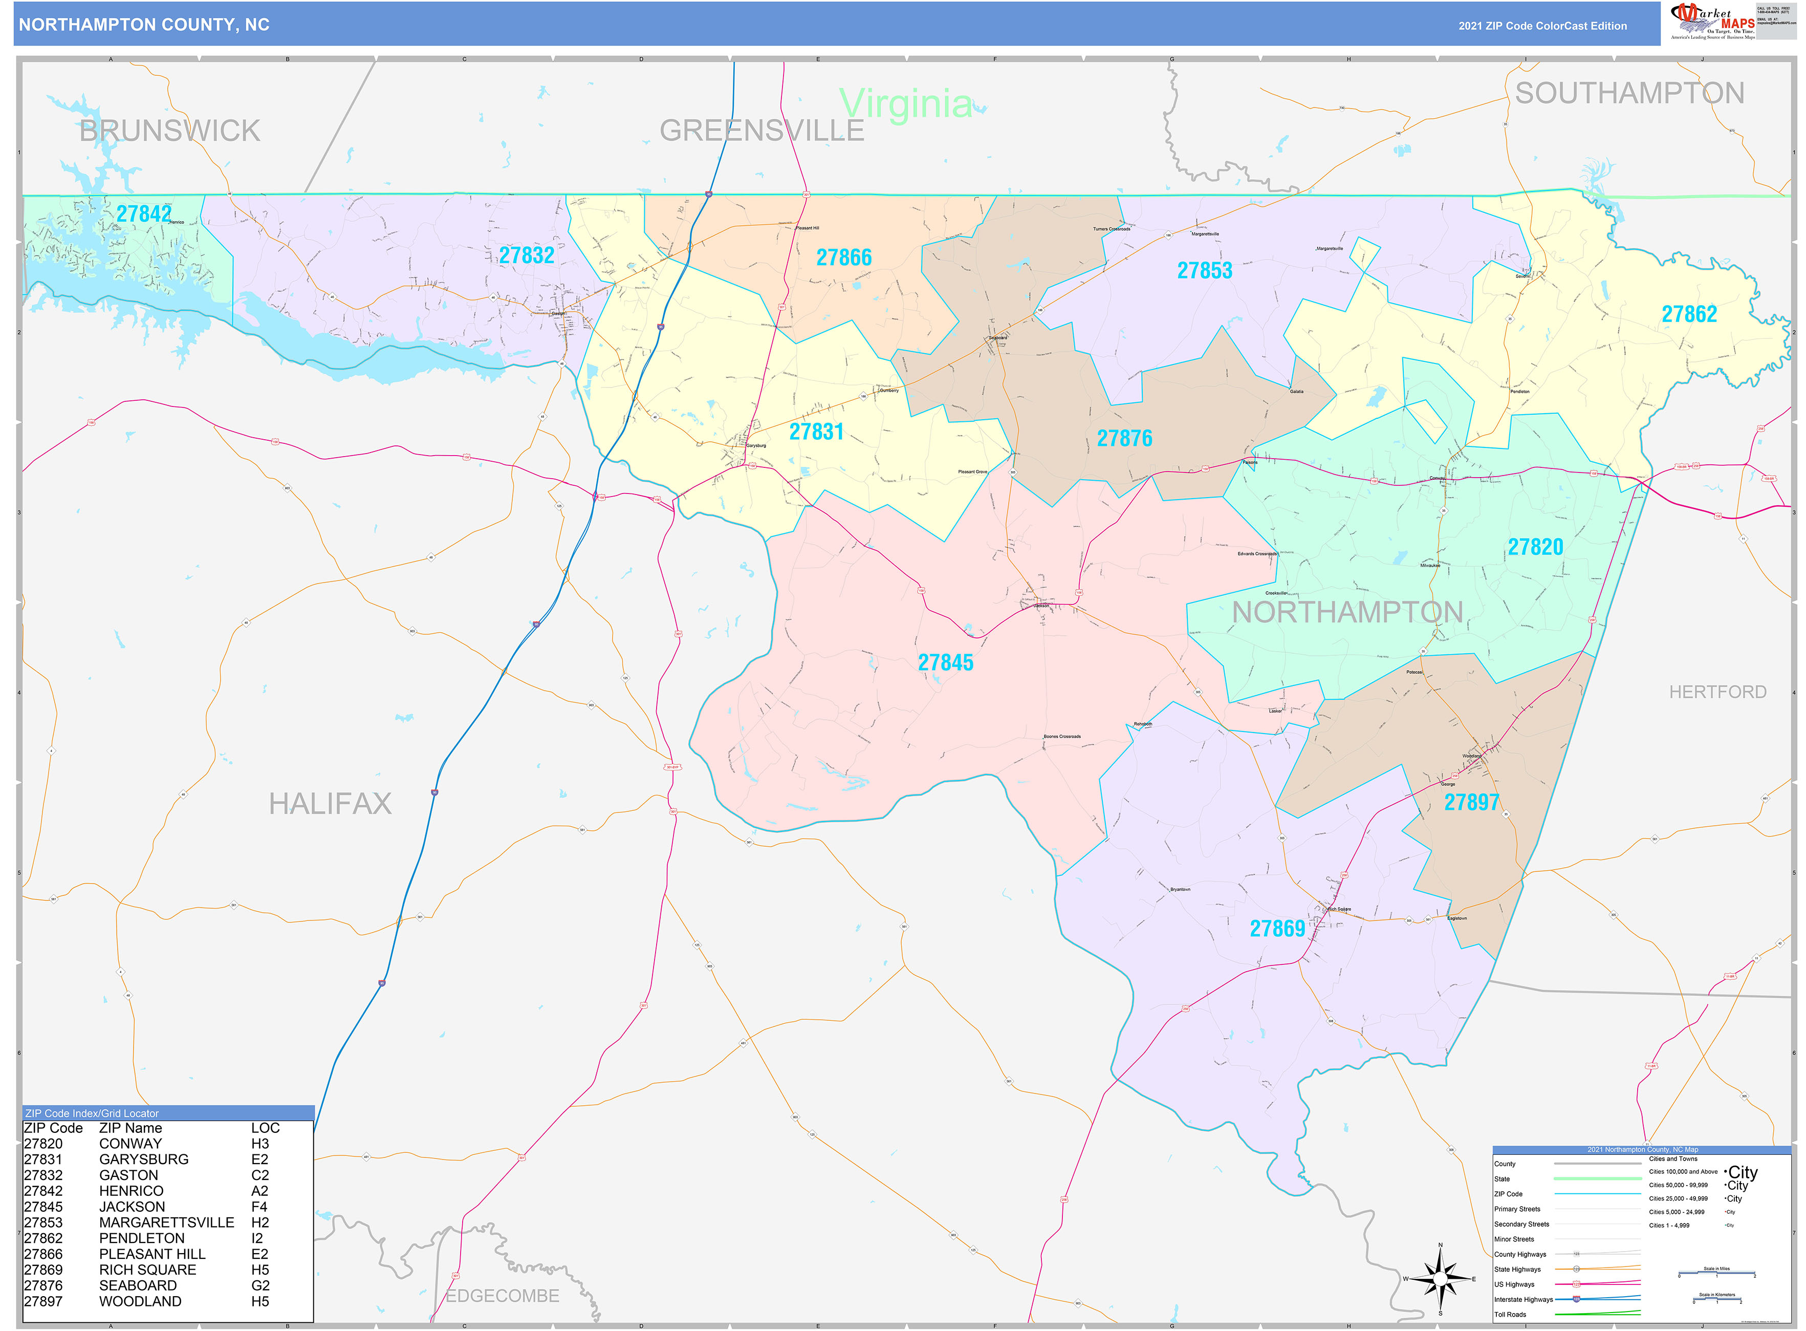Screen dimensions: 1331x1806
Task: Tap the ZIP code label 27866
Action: (843, 258)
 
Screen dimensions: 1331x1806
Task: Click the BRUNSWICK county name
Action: (169, 131)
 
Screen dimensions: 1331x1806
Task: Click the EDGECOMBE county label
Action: (502, 1296)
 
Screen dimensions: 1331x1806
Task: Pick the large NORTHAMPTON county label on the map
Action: (1347, 612)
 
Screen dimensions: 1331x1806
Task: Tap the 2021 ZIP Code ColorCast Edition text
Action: (1542, 26)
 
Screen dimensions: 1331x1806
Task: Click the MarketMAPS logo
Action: (1712, 21)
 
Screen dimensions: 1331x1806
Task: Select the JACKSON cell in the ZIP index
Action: (132, 1207)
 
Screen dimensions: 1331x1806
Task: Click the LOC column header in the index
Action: (265, 1128)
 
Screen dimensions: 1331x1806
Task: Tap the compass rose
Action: (1440, 1279)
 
